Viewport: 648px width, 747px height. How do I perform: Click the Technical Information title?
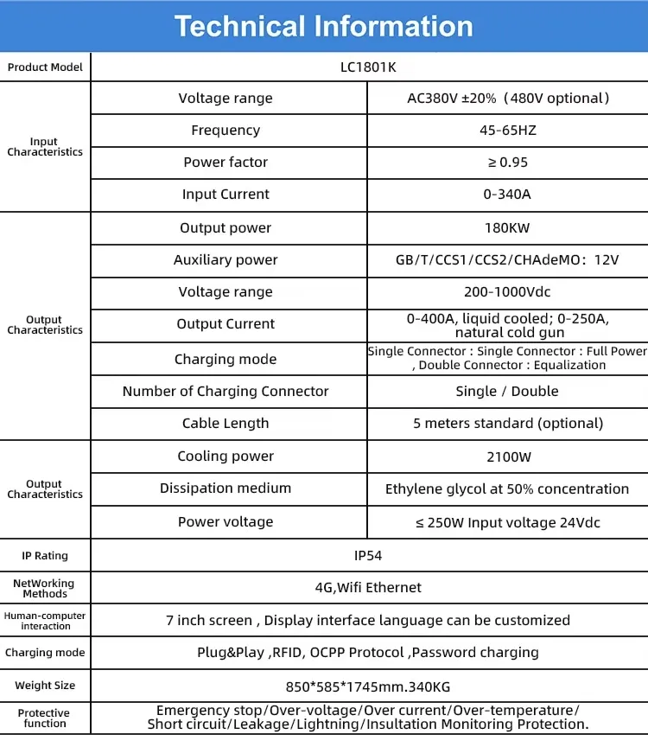(x=323, y=26)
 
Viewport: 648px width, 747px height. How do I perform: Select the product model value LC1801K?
(x=368, y=67)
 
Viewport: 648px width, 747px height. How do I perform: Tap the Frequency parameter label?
(x=226, y=131)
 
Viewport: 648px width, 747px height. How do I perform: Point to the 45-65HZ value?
(x=507, y=131)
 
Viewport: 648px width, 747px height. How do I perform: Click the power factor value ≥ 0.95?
(x=507, y=163)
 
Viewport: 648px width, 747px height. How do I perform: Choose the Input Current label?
(x=226, y=195)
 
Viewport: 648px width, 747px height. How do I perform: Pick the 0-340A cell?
(x=507, y=195)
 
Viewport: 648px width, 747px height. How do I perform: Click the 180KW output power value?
(x=507, y=228)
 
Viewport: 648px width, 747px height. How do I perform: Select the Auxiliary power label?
(x=226, y=260)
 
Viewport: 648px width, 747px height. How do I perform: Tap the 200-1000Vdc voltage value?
(x=507, y=292)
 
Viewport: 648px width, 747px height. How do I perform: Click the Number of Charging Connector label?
(x=226, y=392)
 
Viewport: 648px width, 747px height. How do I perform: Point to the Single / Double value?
(x=507, y=392)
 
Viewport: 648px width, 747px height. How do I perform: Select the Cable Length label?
(x=226, y=424)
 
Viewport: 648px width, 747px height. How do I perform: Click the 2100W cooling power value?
(x=507, y=456)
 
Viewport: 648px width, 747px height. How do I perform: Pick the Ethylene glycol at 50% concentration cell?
(x=507, y=489)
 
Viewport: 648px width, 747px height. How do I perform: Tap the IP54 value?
(x=368, y=555)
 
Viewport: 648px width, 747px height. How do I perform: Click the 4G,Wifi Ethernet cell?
(x=368, y=588)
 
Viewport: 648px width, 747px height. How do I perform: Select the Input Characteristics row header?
(x=45, y=147)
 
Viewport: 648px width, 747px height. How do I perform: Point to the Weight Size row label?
(x=45, y=686)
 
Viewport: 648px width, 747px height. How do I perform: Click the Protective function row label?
(x=45, y=718)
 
